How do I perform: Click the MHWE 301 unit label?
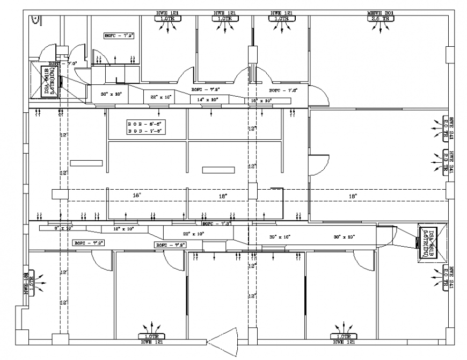pos(381,12)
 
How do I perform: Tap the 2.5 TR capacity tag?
pos(381,19)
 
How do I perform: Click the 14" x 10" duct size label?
pos(207,100)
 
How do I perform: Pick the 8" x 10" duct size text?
pos(63,228)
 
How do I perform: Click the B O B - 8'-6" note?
pos(144,124)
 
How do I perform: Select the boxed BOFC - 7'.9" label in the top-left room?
pos(119,35)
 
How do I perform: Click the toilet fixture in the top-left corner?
pos(35,19)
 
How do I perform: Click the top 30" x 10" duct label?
pos(111,94)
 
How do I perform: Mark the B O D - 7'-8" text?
pos(144,131)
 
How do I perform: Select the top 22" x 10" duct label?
pos(160,97)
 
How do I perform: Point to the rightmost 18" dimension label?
pos(353,197)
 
